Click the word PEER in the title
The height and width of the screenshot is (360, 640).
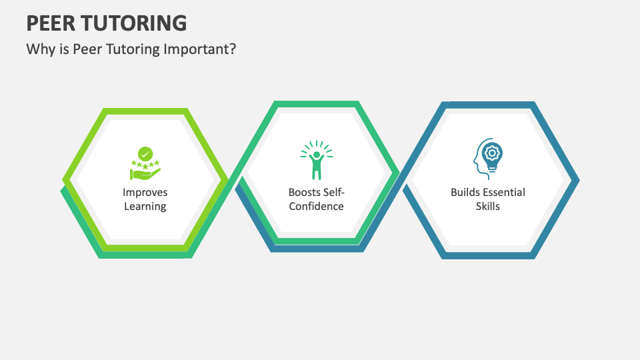(x=51, y=23)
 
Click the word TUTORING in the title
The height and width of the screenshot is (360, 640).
(x=134, y=23)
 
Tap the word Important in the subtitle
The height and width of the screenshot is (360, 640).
(x=200, y=49)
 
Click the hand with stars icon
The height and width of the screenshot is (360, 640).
(x=145, y=163)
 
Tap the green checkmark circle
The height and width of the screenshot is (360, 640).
(x=145, y=154)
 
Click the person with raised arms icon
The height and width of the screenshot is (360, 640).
(x=317, y=160)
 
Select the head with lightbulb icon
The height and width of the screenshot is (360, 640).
(x=488, y=159)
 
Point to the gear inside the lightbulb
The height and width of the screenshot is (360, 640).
(x=492, y=153)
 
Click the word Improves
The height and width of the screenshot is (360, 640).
(x=145, y=192)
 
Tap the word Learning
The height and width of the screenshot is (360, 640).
(x=145, y=206)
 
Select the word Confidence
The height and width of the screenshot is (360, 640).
(x=316, y=206)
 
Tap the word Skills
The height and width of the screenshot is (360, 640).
(x=488, y=206)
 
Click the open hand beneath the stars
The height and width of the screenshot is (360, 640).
(x=145, y=174)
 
